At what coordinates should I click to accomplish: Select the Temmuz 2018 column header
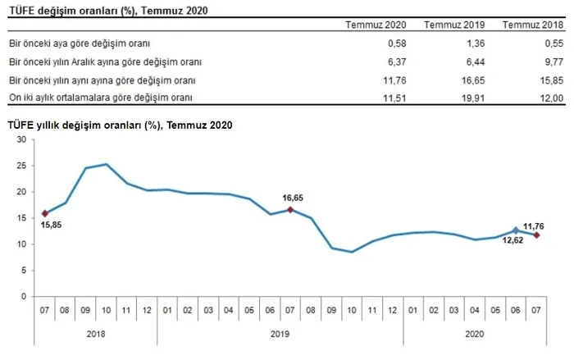click(533, 25)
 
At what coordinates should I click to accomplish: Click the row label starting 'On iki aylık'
click(100, 98)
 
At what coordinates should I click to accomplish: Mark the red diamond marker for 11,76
click(537, 235)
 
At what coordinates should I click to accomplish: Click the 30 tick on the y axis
click(23, 139)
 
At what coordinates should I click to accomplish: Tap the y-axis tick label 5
click(25, 271)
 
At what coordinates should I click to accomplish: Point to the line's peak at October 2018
click(107, 164)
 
